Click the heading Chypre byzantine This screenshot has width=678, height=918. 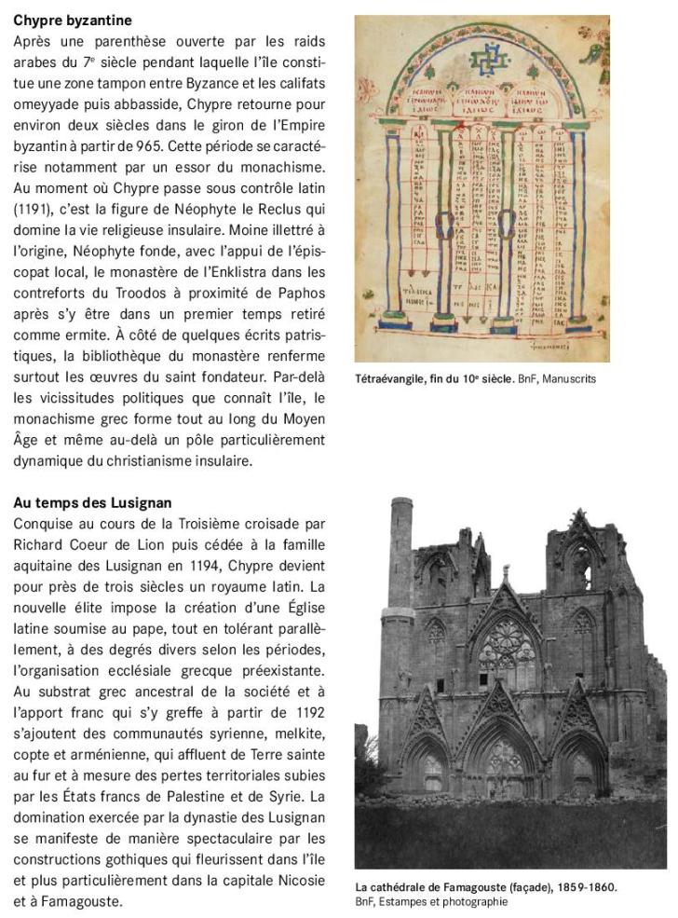(73, 20)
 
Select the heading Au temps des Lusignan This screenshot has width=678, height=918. (92, 503)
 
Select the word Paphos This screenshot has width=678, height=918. (301, 292)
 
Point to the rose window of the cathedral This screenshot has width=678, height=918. (505, 645)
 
